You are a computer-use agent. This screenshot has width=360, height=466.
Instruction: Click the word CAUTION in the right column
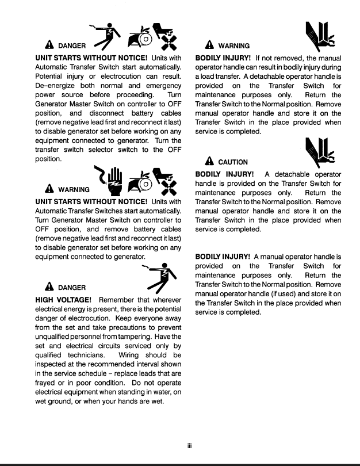(233, 162)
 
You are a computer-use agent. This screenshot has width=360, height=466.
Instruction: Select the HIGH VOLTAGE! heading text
(63, 300)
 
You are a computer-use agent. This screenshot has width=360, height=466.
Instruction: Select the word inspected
(55, 364)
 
